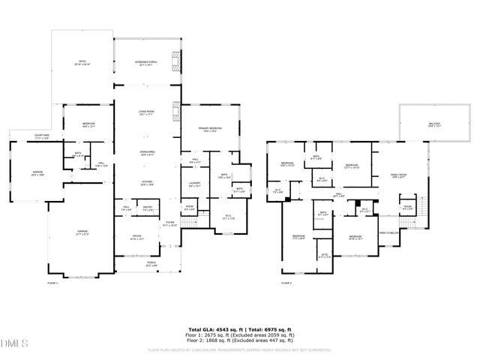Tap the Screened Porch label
(145, 64)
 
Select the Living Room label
(145, 114)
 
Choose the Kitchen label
(145, 182)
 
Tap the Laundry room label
(193, 182)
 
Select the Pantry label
(148, 208)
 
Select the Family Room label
(397, 176)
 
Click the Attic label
(325, 256)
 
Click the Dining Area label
(147, 153)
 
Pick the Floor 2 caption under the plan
(286, 283)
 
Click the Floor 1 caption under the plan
(52, 283)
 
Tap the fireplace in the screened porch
(176, 61)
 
